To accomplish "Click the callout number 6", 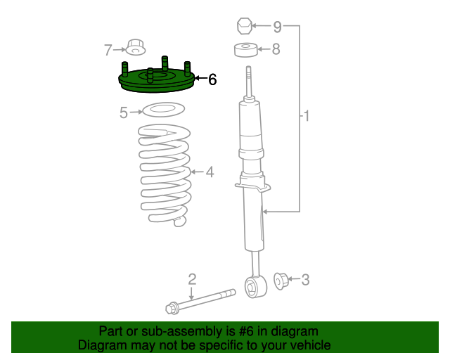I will coord(212,80).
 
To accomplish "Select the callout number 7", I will coord(108,50).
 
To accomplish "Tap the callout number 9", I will coord(277,27).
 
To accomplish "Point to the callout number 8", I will coord(276,49).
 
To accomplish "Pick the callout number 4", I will coord(209,172).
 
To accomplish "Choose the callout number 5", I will coord(124,112).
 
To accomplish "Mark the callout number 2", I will coord(191,280).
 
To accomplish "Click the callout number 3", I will coord(304,281).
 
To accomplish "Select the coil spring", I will coord(165,176).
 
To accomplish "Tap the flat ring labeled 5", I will coord(163,110).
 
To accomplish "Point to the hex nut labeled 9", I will coord(243,27).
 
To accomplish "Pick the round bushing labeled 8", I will coord(244,50).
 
